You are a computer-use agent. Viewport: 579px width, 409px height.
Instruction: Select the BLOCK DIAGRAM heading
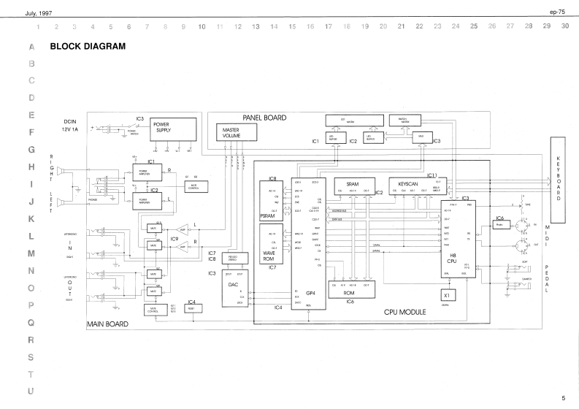coord(88,46)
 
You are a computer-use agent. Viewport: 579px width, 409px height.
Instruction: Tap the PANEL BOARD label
coord(264,118)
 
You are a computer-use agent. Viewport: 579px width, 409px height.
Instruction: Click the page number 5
coord(564,398)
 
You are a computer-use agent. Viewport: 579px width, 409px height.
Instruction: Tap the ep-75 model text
coord(559,12)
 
